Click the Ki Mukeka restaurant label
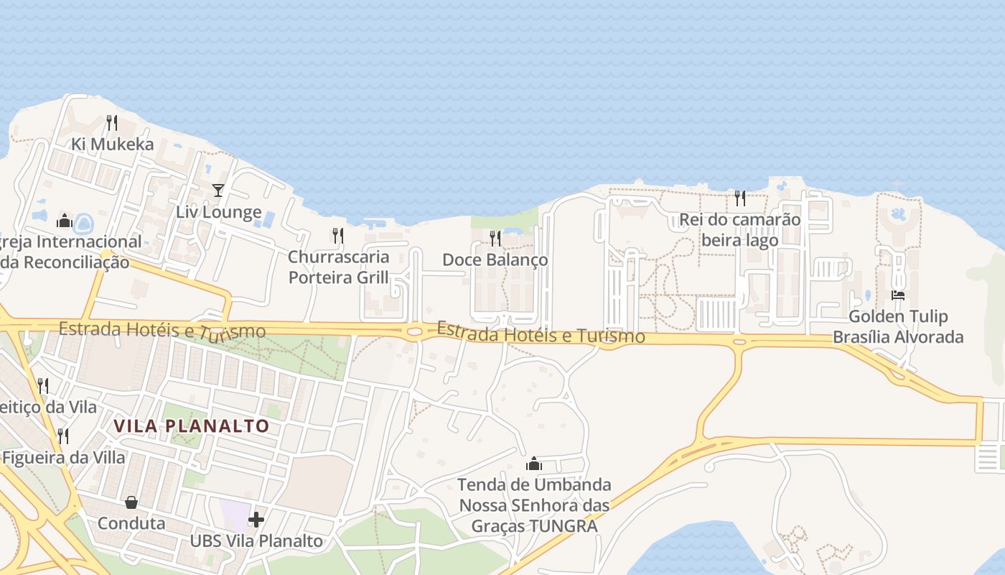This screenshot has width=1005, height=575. click(112, 144)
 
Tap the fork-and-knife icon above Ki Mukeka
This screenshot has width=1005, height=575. click(112, 123)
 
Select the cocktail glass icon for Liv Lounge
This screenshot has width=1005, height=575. click(218, 190)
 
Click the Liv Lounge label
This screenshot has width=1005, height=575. click(218, 212)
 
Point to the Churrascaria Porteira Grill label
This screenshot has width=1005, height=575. click(338, 267)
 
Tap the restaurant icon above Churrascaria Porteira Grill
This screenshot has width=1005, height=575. click(337, 235)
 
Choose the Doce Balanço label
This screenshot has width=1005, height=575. click(495, 259)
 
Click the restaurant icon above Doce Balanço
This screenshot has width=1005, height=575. click(495, 238)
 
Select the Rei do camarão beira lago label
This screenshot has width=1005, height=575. click(739, 230)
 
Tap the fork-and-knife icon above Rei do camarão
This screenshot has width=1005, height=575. click(739, 198)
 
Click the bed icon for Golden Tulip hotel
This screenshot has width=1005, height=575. click(898, 295)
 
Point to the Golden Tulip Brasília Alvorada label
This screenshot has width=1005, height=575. click(898, 326)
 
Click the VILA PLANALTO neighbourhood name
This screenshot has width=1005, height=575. click(192, 426)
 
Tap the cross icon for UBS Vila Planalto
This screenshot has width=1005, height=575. click(256, 519)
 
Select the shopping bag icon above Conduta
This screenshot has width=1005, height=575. click(131, 502)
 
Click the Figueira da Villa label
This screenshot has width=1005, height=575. click(63, 458)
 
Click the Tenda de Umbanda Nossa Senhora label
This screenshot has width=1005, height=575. click(534, 505)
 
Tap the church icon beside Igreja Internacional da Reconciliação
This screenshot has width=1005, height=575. click(65, 221)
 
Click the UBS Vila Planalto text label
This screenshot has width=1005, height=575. click(256, 540)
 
